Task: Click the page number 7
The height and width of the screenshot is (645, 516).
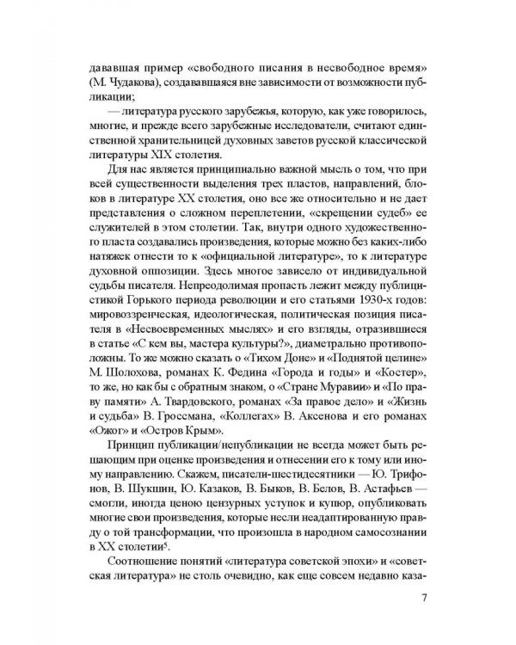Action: (x=416, y=599)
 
